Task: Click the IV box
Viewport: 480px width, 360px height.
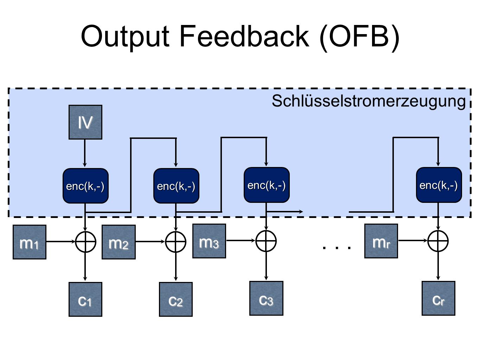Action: [85, 122]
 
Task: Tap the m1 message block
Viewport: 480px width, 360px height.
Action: [30, 242]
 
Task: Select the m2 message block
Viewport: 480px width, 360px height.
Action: [119, 242]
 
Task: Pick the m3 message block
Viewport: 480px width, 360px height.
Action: [209, 241]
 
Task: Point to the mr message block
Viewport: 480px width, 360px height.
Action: [381, 241]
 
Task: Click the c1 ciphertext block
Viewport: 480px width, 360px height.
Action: [85, 299]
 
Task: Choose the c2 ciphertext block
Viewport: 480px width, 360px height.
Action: [176, 299]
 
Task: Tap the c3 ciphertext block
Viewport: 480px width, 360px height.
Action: [266, 298]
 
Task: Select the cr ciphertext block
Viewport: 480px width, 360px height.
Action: [439, 298]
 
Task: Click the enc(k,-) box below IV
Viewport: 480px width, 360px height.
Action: [85, 186]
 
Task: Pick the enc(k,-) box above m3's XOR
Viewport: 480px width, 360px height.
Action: [267, 185]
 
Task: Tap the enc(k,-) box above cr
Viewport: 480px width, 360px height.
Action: [439, 185]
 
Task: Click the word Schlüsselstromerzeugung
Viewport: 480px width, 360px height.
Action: [369, 101]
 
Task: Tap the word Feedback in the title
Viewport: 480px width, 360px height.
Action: [244, 36]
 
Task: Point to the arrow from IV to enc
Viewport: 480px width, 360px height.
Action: [85, 153]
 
